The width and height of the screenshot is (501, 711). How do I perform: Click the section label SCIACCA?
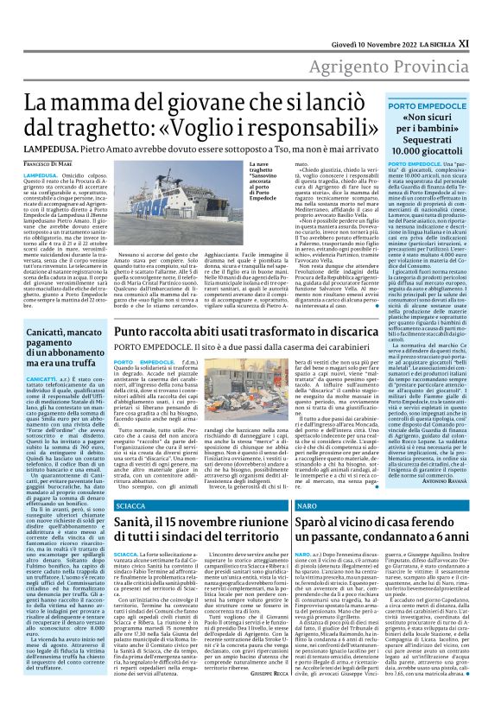130,504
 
